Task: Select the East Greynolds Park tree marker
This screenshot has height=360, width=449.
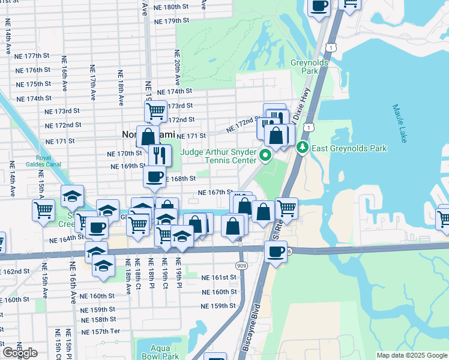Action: click(304, 148)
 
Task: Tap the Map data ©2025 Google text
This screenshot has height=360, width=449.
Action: click(411, 355)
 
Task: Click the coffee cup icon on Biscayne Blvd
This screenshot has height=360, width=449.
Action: click(276, 252)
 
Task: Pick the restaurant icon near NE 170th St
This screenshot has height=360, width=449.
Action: click(159, 155)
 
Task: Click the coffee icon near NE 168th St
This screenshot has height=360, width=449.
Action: click(154, 177)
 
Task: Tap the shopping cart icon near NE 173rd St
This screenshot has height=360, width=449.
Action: click(155, 111)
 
